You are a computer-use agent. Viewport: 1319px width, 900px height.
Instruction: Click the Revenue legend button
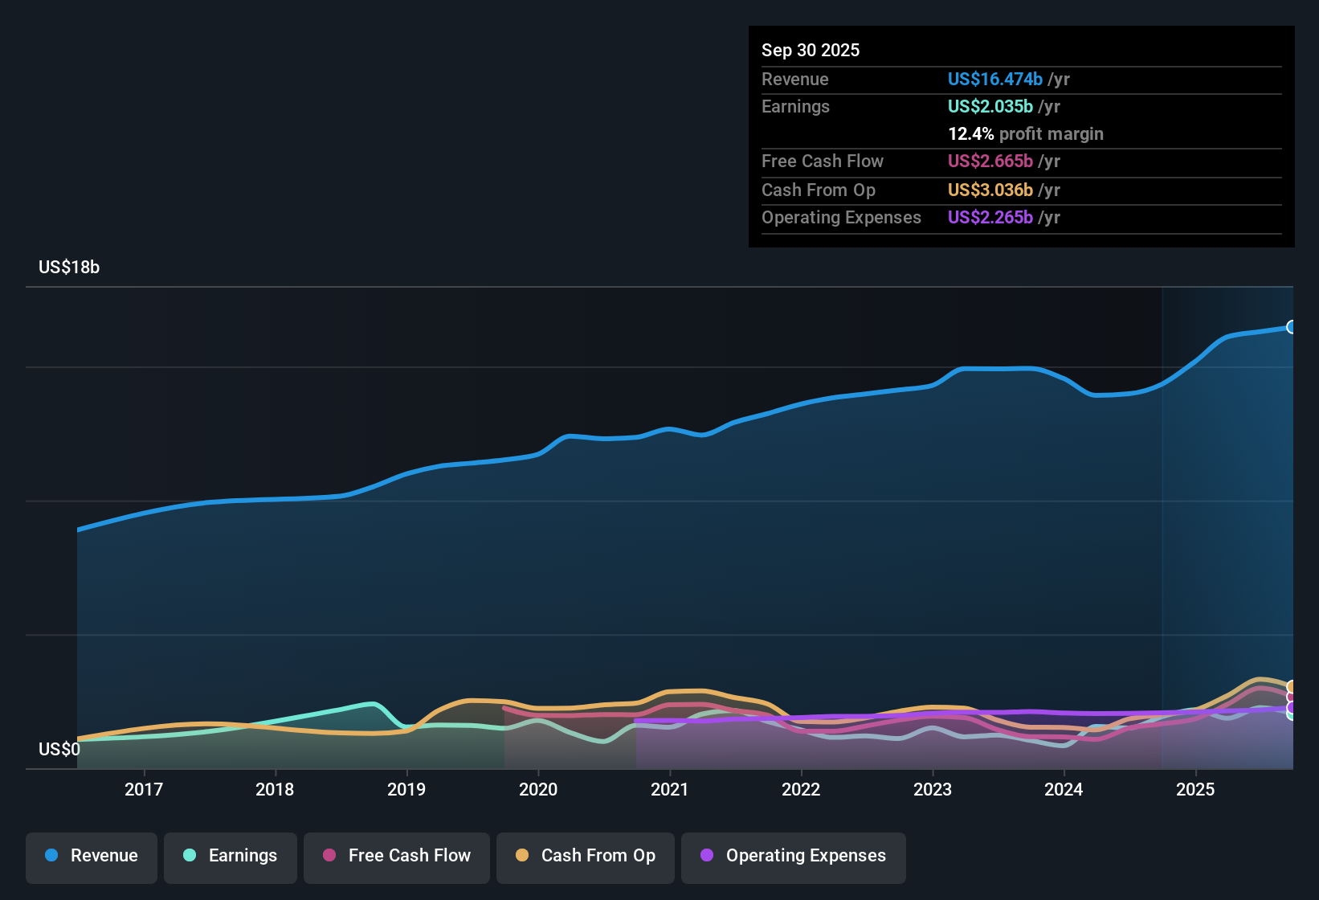[92, 856]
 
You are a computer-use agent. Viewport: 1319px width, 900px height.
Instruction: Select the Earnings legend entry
[231, 856]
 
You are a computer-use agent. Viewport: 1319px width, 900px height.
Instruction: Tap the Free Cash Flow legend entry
[397, 856]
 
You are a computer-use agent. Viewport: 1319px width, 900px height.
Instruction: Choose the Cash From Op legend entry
[586, 856]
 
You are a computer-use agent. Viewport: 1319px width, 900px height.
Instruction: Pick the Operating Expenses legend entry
[794, 856]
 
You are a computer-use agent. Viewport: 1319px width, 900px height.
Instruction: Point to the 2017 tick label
[144, 789]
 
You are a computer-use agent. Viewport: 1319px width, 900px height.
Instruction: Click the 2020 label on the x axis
[538, 789]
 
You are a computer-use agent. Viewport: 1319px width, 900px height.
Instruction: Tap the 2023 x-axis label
[933, 789]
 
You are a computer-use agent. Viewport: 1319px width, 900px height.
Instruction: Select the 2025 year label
[1195, 789]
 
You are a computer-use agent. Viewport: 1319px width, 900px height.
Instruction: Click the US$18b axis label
[69, 268]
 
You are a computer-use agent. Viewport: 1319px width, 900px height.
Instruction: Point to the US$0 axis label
[59, 750]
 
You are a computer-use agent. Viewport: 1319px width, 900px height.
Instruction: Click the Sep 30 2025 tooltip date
[811, 50]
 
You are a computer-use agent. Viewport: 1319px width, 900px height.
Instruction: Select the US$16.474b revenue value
[994, 79]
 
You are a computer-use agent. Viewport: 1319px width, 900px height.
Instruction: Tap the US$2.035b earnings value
[990, 106]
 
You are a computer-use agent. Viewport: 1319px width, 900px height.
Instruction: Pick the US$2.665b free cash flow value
[990, 161]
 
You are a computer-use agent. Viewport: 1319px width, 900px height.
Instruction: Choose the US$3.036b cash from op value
[990, 190]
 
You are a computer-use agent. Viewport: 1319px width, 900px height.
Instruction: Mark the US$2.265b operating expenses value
[990, 217]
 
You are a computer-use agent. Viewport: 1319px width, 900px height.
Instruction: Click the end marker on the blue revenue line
[1292, 327]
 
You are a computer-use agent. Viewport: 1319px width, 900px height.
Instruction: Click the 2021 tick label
[669, 789]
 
